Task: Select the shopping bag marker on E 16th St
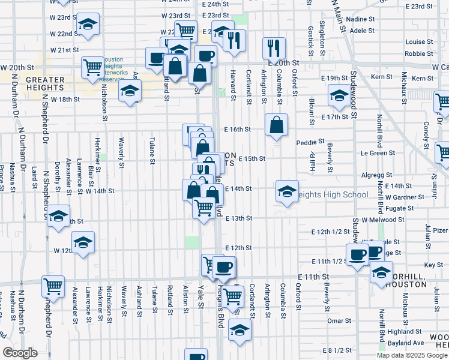tap(276, 125)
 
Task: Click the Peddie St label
tap(310, 142)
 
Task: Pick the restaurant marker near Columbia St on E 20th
tap(274, 47)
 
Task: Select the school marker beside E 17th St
tap(339, 95)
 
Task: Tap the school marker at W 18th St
tap(130, 92)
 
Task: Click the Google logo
tap(20, 352)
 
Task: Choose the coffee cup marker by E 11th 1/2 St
tap(358, 254)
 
